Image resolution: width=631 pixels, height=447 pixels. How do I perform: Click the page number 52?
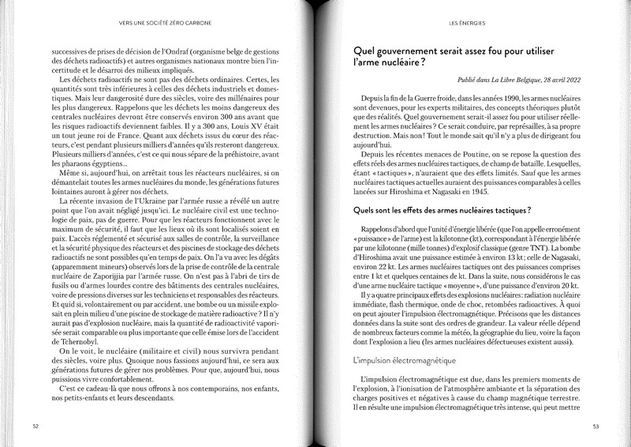click(35, 426)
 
